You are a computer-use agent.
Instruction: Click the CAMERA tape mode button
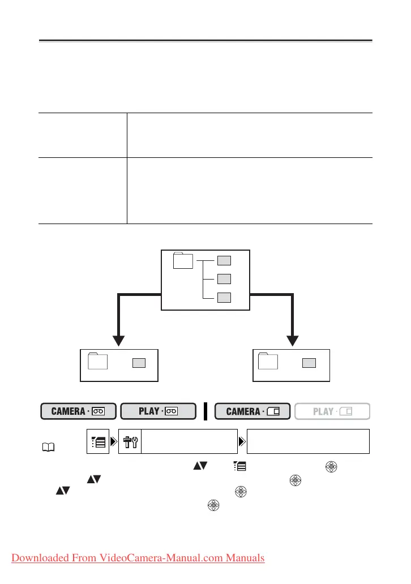click(79, 411)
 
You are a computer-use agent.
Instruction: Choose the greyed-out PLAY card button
click(332, 411)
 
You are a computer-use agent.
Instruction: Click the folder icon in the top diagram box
click(182, 261)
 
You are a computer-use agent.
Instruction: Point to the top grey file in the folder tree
click(224, 260)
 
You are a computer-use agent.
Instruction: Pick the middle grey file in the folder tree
click(224, 278)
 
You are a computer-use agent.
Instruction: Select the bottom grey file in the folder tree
click(224, 297)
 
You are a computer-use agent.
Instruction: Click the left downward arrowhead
click(118, 340)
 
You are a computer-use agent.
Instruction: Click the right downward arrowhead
click(293, 340)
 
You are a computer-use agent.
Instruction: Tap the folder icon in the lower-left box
click(99, 362)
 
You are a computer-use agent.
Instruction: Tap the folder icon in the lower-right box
click(268, 362)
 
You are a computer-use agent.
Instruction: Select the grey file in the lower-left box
click(139, 363)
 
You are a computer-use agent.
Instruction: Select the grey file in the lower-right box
click(309, 363)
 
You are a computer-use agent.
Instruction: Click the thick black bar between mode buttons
click(205, 411)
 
